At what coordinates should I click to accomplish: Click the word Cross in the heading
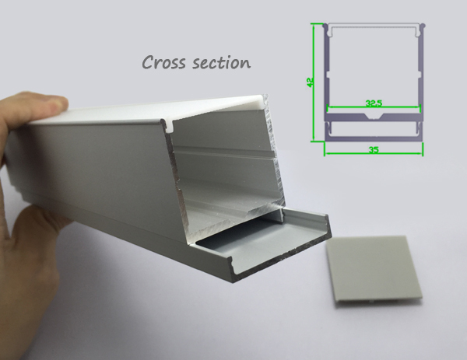(x=163, y=62)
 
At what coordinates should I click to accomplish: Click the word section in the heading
(x=222, y=63)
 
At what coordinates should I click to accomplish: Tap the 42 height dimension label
(x=310, y=82)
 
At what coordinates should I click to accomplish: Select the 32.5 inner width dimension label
(x=374, y=103)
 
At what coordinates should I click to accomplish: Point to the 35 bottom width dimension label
(x=374, y=149)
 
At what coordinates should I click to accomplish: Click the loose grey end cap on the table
(x=374, y=271)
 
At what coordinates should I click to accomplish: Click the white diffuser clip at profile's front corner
(x=169, y=126)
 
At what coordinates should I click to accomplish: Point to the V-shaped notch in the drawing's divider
(x=374, y=117)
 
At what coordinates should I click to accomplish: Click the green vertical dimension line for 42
(x=314, y=82)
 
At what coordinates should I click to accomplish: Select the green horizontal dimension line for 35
(x=374, y=153)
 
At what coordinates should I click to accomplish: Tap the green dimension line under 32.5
(x=374, y=107)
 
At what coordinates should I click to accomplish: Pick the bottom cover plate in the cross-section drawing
(x=374, y=138)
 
